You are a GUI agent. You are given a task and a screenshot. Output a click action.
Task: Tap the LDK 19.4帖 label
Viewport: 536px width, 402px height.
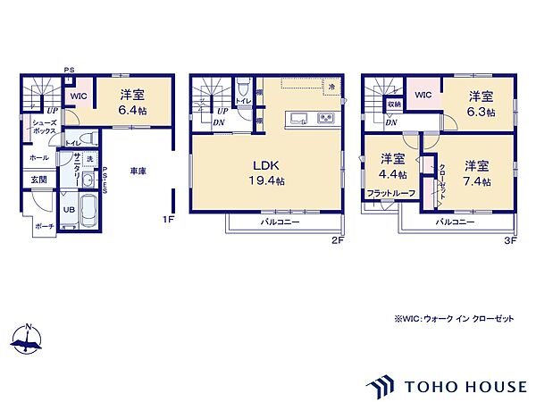pyautogui.click(x=267, y=172)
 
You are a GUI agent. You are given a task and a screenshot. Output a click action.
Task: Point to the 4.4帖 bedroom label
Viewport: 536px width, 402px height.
pyautogui.click(x=392, y=166)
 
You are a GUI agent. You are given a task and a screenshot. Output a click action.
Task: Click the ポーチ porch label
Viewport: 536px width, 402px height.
pyautogui.click(x=46, y=226)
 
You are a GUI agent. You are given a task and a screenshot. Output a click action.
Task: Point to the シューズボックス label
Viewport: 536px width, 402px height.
pyautogui.click(x=46, y=127)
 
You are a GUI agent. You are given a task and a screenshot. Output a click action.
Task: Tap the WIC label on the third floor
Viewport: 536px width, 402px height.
pyautogui.click(x=423, y=95)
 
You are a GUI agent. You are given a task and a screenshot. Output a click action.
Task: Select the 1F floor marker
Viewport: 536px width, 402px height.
pyautogui.click(x=166, y=219)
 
